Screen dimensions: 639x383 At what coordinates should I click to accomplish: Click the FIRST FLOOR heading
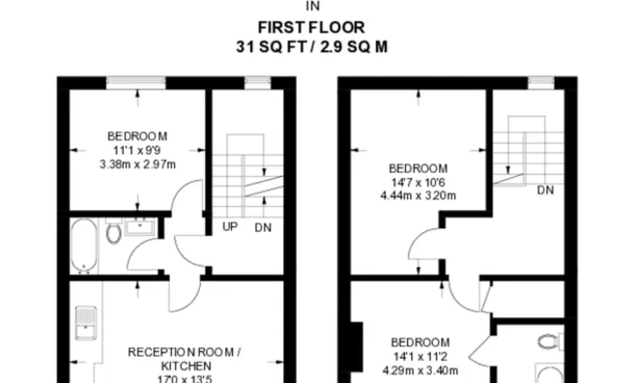(x=311, y=28)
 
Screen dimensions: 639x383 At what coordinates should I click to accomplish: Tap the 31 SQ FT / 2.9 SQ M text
(x=311, y=46)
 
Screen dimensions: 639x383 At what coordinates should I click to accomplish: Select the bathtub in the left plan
(x=84, y=246)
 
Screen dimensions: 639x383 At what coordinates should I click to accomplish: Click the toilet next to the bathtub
(x=114, y=232)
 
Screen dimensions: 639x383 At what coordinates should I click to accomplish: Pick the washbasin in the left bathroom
(x=140, y=226)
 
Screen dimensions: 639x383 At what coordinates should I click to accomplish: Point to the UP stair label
(x=230, y=226)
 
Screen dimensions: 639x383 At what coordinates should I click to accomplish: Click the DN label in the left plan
(x=263, y=227)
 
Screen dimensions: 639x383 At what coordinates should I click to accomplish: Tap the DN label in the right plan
(x=545, y=191)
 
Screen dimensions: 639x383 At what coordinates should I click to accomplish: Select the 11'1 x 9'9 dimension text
(x=137, y=151)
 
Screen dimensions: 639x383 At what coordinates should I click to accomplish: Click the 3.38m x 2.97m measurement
(x=137, y=164)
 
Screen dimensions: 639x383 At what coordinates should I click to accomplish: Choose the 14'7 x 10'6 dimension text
(x=419, y=183)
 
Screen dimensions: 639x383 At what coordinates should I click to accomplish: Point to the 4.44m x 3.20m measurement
(x=419, y=195)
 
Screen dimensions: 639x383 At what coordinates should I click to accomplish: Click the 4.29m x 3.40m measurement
(x=421, y=370)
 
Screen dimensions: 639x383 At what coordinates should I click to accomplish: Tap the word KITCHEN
(x=187, y=366)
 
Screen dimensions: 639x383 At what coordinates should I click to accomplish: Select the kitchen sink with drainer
(x=86, y=323)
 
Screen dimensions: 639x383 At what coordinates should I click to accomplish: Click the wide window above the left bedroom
(x=136, y=83)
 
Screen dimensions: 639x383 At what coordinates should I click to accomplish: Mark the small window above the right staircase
(x=541, y=83)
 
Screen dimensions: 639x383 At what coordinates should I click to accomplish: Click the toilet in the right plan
(x=551, y=341)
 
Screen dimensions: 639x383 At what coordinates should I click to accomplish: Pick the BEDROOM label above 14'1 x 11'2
(x=421, y=342)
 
